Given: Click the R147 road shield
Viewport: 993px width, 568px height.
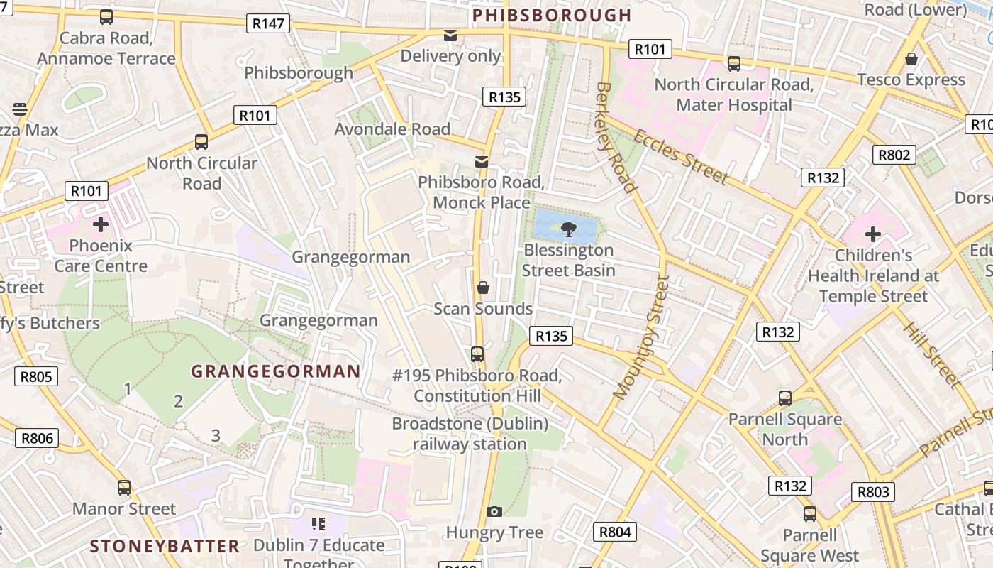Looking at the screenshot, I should tap(268, 23).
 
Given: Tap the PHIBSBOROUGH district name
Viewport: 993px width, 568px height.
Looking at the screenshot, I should tap(551, 15).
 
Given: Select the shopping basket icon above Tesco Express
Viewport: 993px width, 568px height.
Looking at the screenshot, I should tap(911, 58).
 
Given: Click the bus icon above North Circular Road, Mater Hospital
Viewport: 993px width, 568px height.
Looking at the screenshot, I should tap(734, 63).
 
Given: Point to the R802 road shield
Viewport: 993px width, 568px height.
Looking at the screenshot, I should tap(894, 155).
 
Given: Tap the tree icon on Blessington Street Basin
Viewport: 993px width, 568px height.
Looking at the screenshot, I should tap(568, 229).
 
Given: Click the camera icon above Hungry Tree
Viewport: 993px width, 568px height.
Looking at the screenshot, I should tap(494, 511).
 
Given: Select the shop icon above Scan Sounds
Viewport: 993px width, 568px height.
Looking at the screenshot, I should tap(483, 288).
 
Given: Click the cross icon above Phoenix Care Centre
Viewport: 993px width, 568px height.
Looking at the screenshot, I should tap(101, 224).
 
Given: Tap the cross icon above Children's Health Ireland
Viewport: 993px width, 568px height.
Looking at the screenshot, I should tap(873, 234).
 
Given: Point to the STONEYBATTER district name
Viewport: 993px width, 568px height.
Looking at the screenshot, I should tap(165, 546).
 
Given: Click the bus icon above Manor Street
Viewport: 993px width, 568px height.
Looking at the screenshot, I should tap(124, 488).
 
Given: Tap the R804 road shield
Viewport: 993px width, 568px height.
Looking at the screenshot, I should tap(614, 532).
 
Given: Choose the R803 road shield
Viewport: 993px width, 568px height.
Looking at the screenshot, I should tap(873, 492).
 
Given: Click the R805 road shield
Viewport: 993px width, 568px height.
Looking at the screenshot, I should tap(36, 376).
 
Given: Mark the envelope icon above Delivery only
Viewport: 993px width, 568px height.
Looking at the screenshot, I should tap(450, 35).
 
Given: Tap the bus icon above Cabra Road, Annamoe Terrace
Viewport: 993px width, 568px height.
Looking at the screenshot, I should tap(106, 17).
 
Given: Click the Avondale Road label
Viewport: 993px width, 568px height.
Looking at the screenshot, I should tap(392, 129).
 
